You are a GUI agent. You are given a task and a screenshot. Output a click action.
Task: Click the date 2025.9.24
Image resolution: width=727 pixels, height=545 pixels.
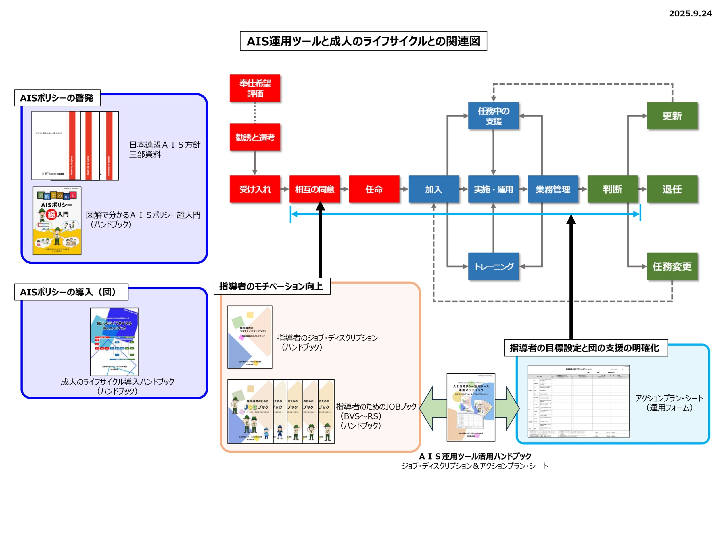pos(690,13)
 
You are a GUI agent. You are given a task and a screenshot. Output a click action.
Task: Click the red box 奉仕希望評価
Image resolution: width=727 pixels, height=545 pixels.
pos(255,88)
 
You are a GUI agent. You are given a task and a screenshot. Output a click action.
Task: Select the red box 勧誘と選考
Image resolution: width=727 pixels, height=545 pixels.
pos(255,137)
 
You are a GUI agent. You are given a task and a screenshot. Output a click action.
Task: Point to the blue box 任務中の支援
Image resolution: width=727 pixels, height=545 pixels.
pos(493,116)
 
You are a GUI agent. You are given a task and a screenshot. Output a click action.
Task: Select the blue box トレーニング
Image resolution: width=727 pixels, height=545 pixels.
pos(493,266)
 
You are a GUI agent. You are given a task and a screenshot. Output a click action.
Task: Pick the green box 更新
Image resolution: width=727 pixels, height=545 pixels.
pos(672,116)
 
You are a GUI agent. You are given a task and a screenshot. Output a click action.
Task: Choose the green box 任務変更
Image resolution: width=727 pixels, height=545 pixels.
pos(672,266)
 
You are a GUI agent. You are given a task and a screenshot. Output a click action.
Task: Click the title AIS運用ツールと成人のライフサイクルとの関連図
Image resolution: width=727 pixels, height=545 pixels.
pos(363,41)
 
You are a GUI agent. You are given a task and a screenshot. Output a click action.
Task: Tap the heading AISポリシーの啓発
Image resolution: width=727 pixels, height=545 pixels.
pos(57,98)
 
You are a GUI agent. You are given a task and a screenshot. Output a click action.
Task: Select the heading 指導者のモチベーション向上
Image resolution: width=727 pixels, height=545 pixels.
pos(271,286)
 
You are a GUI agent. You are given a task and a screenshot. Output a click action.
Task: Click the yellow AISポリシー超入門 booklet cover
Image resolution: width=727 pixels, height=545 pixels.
pos(57,221)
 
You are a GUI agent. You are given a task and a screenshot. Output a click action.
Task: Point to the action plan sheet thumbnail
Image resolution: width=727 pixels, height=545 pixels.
pos(578,401)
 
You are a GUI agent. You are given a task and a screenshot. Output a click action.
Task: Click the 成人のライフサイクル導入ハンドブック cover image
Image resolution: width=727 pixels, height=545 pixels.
pos(114,342)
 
